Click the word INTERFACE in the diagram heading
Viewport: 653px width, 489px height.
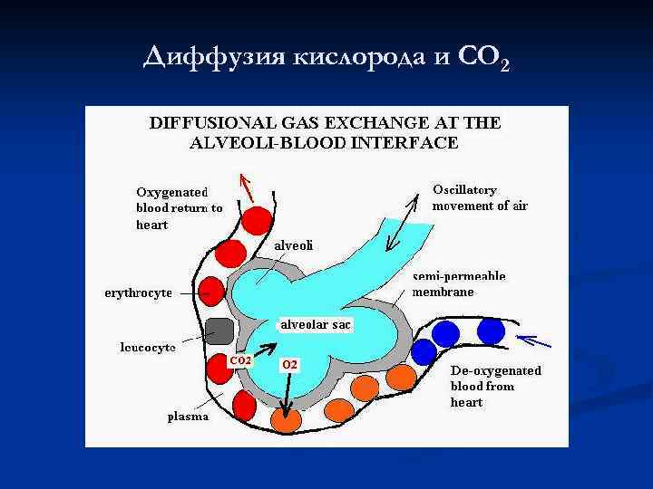click(x=411, y=142)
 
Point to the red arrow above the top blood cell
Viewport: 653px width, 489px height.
click(x=247, y=187)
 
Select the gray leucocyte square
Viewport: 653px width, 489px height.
click(x=219, y=331)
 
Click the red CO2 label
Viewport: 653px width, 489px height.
click(x=240, y=360)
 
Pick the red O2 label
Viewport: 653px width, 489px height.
click(x=290, y=364)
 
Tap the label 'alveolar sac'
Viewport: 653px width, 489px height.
click(x=316, y=324)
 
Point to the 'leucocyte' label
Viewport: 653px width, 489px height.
click(x=148, y=347)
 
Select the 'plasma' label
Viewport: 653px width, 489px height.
click(x=188, y=417)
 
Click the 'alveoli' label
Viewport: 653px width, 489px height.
click(x=295, y=245)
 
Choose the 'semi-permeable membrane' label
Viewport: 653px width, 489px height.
click(x=458, y=283)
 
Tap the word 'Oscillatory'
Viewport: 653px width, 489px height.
click(x=464, y=190)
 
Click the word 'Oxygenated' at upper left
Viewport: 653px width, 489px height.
click(x=172, y=192)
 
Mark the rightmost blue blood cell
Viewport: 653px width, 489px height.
click(x=491, y=331)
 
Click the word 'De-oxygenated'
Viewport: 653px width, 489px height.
click(x=495, y=370)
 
